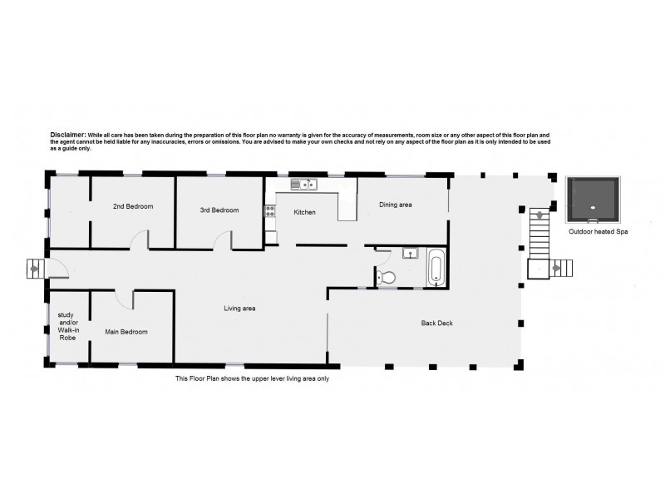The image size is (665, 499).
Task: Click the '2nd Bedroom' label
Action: tap(133, 206)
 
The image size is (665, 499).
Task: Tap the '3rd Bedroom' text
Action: tap(219, 210)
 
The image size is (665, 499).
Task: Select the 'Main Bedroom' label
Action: tap(126, 332)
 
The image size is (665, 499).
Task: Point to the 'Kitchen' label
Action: tap(304, 213)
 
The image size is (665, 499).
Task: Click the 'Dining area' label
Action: tap(396, 205)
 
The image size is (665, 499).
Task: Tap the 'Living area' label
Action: tap(239, 309)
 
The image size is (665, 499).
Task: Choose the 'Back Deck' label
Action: tap(436, 323)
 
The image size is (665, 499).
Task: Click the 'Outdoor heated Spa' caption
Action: tap(597, 233)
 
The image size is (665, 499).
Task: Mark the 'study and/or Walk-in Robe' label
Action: tap(68, 330)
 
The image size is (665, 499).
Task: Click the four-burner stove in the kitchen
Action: tap(269, 212)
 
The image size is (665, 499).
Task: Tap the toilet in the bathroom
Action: tap(385, 277)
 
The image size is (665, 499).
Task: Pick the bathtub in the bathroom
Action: tap(435, 269)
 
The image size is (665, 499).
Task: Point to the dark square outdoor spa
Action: tap(592, 200)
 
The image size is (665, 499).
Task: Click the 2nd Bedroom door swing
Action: tap(140, 240)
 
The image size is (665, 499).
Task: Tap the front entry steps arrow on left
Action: tap(34, 268)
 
